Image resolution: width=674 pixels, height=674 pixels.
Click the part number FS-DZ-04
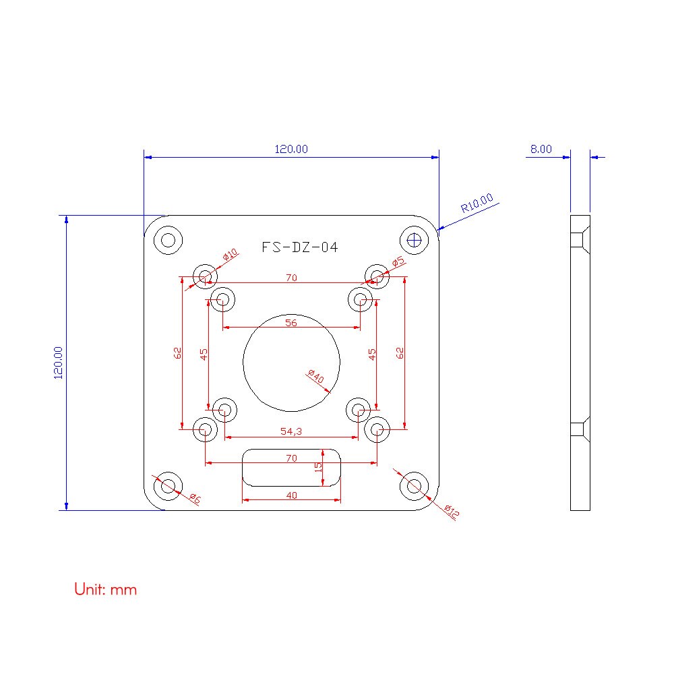[300, 247]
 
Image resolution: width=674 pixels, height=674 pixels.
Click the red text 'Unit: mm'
[105, 590]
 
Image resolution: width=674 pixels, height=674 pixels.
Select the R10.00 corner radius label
[477, 203]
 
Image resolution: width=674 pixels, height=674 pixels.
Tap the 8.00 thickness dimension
[541, 149]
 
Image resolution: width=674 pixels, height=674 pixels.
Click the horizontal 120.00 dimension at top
[291, 149]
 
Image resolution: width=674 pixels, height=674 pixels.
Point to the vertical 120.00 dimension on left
[58, 363]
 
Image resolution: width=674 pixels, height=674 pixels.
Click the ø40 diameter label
[315, 376]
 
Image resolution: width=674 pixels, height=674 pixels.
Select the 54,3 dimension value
[290, 431]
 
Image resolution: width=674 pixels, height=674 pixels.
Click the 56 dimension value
[290, 322]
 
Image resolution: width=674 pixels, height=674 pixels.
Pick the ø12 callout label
[452, 512]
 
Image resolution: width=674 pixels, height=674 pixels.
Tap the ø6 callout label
[194, 498]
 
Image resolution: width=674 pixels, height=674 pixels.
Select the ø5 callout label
[398, 262]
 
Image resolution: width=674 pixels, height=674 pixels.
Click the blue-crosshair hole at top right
[414, 239]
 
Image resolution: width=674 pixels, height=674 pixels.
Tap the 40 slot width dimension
[290, 495]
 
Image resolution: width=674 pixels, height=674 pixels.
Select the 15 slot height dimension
[319, 466]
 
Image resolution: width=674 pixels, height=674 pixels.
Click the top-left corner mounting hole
[168, 239]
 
